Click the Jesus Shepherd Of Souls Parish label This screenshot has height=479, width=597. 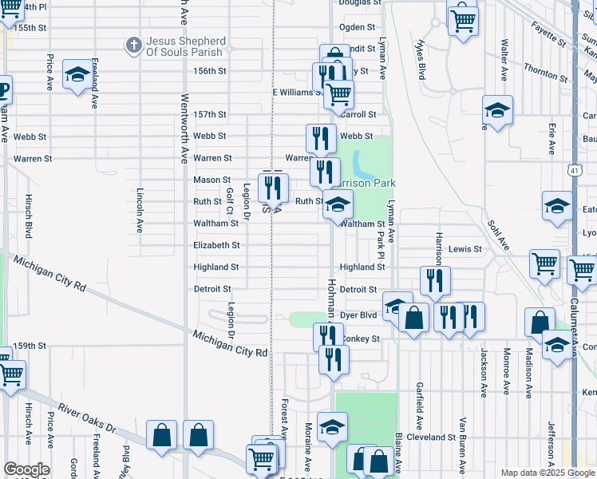[x=186, y=47]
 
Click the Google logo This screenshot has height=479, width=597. [x=26, y=469]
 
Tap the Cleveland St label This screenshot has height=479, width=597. [x=431, y=437]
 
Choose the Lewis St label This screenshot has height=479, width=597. [x=465, y=249]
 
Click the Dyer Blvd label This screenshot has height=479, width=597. [x=358, y=315]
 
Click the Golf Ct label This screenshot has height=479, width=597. [x=229, y=201]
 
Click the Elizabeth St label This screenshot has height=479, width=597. [x=216, y=246]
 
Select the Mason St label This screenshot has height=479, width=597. [x=212, y=180]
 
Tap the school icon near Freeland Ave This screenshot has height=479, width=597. [x=77, y=74]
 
